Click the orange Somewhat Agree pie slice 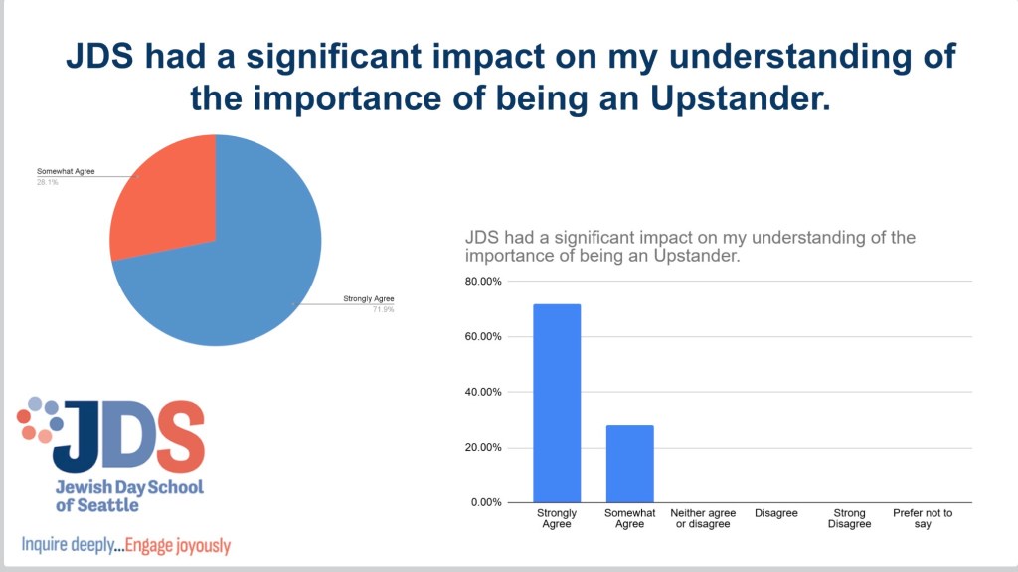pyautogui.click(x=164, y=204)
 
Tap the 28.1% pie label pyautogui.click(x=48, y=182)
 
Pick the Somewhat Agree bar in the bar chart pyautogui.click(x=630, y=464)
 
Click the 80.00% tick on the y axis pyautogui.click(x=483, y=282)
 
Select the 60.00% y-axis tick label pyautogui.click(x=483, y=336)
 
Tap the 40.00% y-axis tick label pyautogui.click(x=483, y=392)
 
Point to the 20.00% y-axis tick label pyautogui.click(x=483, y=447)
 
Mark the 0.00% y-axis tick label pyautogui.click(x=486, y=502)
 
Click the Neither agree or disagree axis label pyautogui.click(x=703, y=518)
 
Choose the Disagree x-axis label pyautogui.click(x=776, y=513)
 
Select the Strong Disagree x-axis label pyautogui.click(x=849, y=518)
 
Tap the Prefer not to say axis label pyautogui.click(x=922, y=518)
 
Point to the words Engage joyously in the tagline pyautogui.click(x=179, y=545)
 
